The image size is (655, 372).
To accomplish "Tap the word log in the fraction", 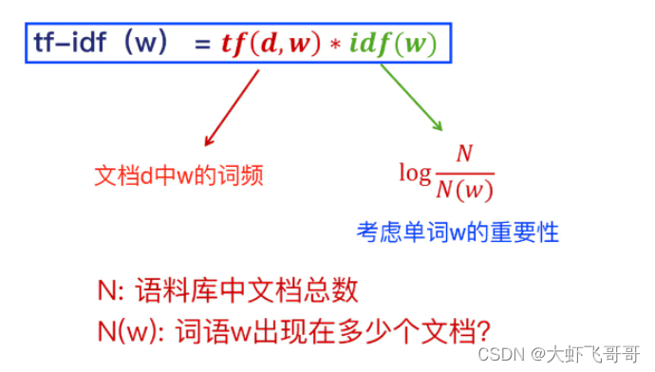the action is click(x=414, y=174).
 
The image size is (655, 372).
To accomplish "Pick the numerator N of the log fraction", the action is click(x=464, y=155).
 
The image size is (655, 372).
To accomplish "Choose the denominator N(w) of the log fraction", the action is click(x=464, y=189).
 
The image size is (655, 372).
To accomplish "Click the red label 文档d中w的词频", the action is click(x=178, y=176).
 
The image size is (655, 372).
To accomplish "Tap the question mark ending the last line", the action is click(x=482, y=329).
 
